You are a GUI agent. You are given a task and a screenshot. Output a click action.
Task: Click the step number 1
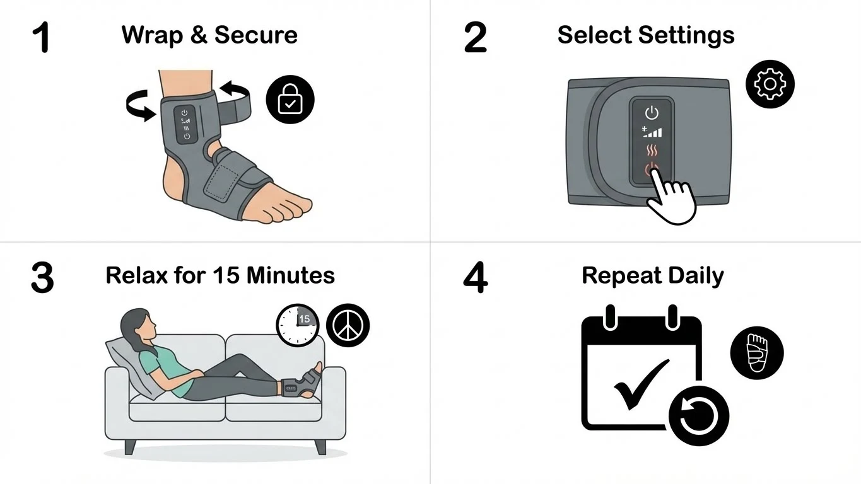(x=41, y=37)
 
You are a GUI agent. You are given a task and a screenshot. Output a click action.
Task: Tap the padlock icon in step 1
(x=290, y=99)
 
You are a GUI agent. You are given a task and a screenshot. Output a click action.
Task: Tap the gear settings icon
(x=770, y=84)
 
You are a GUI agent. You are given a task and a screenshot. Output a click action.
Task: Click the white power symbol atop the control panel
(x=652, y=113)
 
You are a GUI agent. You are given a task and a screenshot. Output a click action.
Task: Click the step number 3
(x=42, y=278)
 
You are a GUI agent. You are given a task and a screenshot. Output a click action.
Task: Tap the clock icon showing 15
(x=298, y=325)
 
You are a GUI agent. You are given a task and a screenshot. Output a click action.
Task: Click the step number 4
(x=475, y=278)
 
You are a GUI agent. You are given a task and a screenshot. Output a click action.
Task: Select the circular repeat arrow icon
(x=698, y=415)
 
